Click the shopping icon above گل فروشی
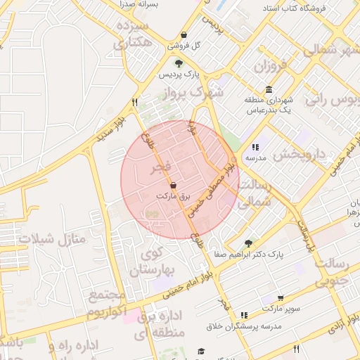pos(184,35)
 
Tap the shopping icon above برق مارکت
pos(174,185)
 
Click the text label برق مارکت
pos(173,196)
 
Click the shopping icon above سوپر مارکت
pos(281,298)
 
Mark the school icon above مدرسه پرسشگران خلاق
pos(244,316)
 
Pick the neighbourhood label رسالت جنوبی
pos(330,274)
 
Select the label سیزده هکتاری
pos(132,34)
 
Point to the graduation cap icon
pos(201,350)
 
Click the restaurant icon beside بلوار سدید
pos(134,103)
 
